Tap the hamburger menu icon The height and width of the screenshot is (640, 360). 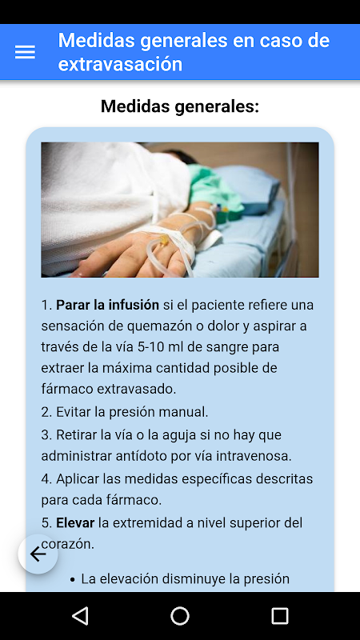pyautogui.click(x=25, y=52)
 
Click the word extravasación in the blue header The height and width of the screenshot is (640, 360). pyautogui.click(x=120, y=64)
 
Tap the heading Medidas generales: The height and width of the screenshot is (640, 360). pyautogui.click(x=180, y=106)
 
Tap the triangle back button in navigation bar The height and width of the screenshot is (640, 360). pyautogui.click(x=80, y=615)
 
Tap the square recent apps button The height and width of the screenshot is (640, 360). pyautogui.click(x=280, y=615)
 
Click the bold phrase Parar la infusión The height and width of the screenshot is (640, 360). pyautogui.click(x=107, y=305)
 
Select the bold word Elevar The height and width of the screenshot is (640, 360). pyautogui.click(x=75, y=523)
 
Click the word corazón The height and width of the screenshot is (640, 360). pyautogui.click(x=68, y=545)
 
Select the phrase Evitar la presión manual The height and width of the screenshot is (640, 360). pyautogui.click(x=132, y=412)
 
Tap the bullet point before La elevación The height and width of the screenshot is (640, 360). pyautogui.click(x=73, y=579)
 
